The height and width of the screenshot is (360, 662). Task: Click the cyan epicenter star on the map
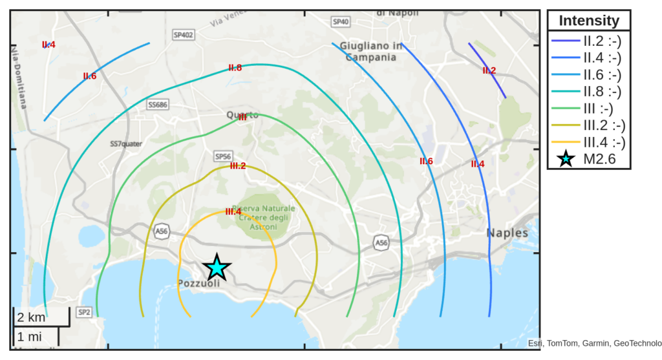tap(217, 267)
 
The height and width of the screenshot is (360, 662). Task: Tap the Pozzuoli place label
tap(198, 283)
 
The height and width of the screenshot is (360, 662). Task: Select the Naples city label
tap(507, 233)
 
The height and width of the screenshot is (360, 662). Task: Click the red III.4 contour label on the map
tap(233, 211)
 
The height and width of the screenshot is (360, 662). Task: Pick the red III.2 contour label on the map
tap(238, 166)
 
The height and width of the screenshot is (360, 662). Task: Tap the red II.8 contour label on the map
tap(235, 67)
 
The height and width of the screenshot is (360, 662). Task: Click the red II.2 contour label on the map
tap(489, 70)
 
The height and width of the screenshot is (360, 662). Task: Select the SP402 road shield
tap(183, 34)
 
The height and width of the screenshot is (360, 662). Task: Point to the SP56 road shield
tap(222, 156)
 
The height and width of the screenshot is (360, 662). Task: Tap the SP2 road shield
tap(84, 312)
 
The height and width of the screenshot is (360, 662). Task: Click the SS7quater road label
tap(126, 143)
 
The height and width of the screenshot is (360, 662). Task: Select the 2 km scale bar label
tap(31, 317)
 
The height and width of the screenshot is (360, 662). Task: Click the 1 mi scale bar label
tap(30, 337)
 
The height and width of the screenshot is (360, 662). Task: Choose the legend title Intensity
tap(588, 21)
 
